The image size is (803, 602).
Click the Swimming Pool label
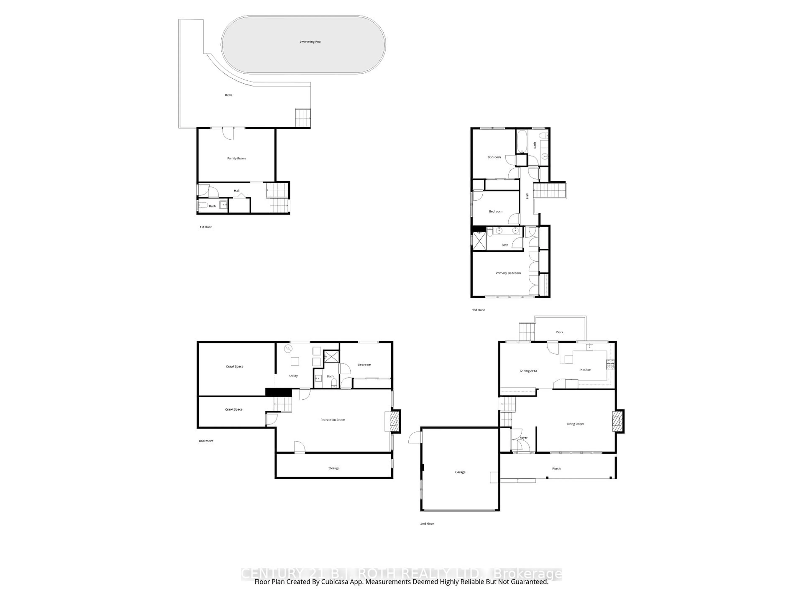point(310,42)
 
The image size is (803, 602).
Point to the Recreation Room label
point(332,420)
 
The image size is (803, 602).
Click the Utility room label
point(293,376)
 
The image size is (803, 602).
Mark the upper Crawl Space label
point(234,366)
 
